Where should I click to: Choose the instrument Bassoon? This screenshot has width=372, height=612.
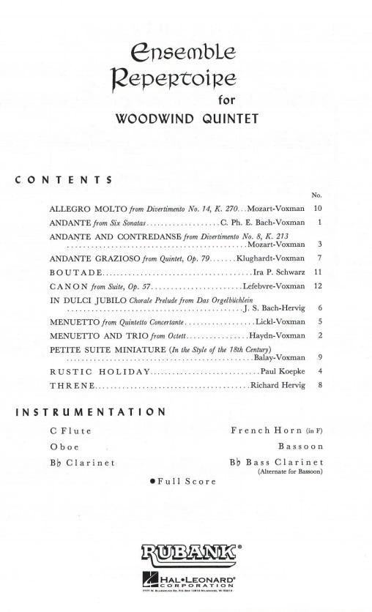click(300, 446)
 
